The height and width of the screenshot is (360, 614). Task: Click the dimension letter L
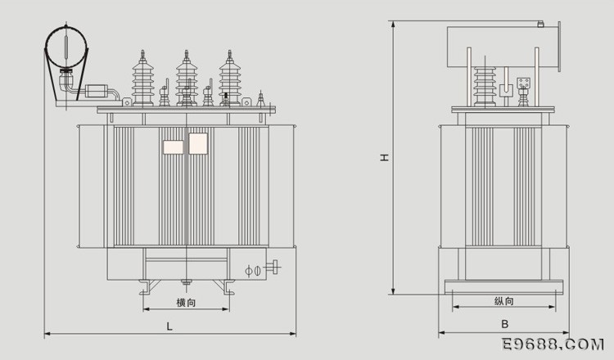169,326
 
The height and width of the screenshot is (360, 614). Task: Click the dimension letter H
385,157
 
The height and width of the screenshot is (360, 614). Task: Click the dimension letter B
505,324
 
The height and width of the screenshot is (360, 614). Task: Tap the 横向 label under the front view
186,303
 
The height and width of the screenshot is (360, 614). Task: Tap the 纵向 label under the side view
504,301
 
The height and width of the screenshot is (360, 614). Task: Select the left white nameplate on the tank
173,147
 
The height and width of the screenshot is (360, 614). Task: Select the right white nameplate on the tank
198,144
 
